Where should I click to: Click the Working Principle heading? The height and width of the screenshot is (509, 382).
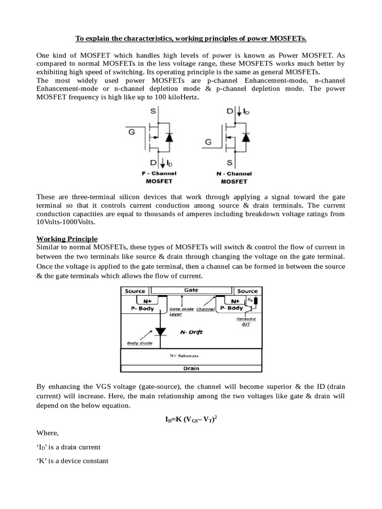pos(67,239)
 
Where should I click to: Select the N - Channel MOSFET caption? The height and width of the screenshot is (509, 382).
pos(233,177)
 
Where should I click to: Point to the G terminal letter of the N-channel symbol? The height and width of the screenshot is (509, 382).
pos(208,142)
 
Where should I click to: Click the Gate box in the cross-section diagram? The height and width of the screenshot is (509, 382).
pos(191,290)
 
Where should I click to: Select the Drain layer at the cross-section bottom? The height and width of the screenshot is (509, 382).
pos(191,368)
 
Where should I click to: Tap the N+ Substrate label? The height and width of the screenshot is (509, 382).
pos(185,356)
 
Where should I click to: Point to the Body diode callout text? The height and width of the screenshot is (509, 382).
pos(140,343)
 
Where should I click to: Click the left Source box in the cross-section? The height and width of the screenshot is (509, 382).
pos(135,291)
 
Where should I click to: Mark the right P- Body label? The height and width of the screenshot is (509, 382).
pos(232,308)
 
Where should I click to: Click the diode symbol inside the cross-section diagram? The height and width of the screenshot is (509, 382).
pos(161,331)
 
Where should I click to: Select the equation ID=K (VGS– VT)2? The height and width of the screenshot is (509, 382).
pos(191,419)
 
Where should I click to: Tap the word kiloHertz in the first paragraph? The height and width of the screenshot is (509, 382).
pos(183,97)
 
